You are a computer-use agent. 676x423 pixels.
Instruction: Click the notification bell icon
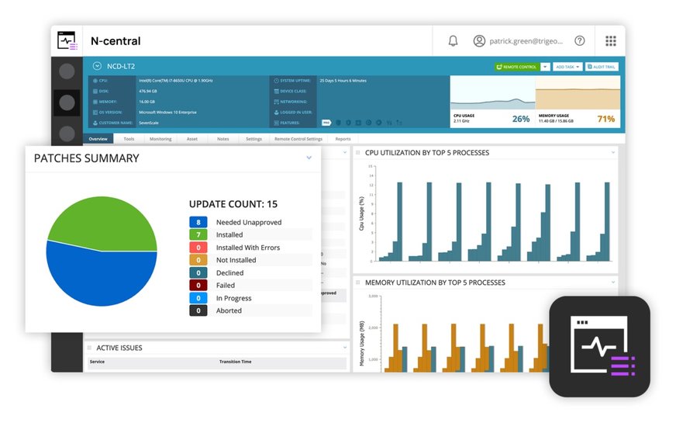tap(454, 41)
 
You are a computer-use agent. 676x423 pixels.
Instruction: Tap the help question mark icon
tap(579, 41)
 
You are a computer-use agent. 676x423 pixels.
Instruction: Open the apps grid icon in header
tap(611, 41)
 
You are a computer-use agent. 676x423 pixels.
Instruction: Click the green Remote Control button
tap(516, 67)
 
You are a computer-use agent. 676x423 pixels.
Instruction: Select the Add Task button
tap(567, 67)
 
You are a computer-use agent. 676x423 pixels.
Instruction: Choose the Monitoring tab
tap(160, 139)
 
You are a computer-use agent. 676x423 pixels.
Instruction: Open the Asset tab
tap(191, 139)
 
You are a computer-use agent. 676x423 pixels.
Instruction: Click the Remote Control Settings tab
tap(298, 139)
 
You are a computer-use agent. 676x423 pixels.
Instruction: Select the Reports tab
tap(343, 139)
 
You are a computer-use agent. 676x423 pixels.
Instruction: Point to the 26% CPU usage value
tap(520, 119)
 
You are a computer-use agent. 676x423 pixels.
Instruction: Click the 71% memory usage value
tap(605, 119)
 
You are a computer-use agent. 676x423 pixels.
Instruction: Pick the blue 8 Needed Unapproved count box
tap(198, 222)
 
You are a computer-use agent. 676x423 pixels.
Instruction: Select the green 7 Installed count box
tap(198, 234)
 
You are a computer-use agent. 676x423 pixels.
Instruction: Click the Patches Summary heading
tap(87, 158)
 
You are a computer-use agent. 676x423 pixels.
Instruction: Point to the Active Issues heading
tap(119, 348)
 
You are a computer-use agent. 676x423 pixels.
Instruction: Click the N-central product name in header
tap(116, 41)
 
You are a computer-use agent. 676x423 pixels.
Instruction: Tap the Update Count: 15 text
tap(233, 204)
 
